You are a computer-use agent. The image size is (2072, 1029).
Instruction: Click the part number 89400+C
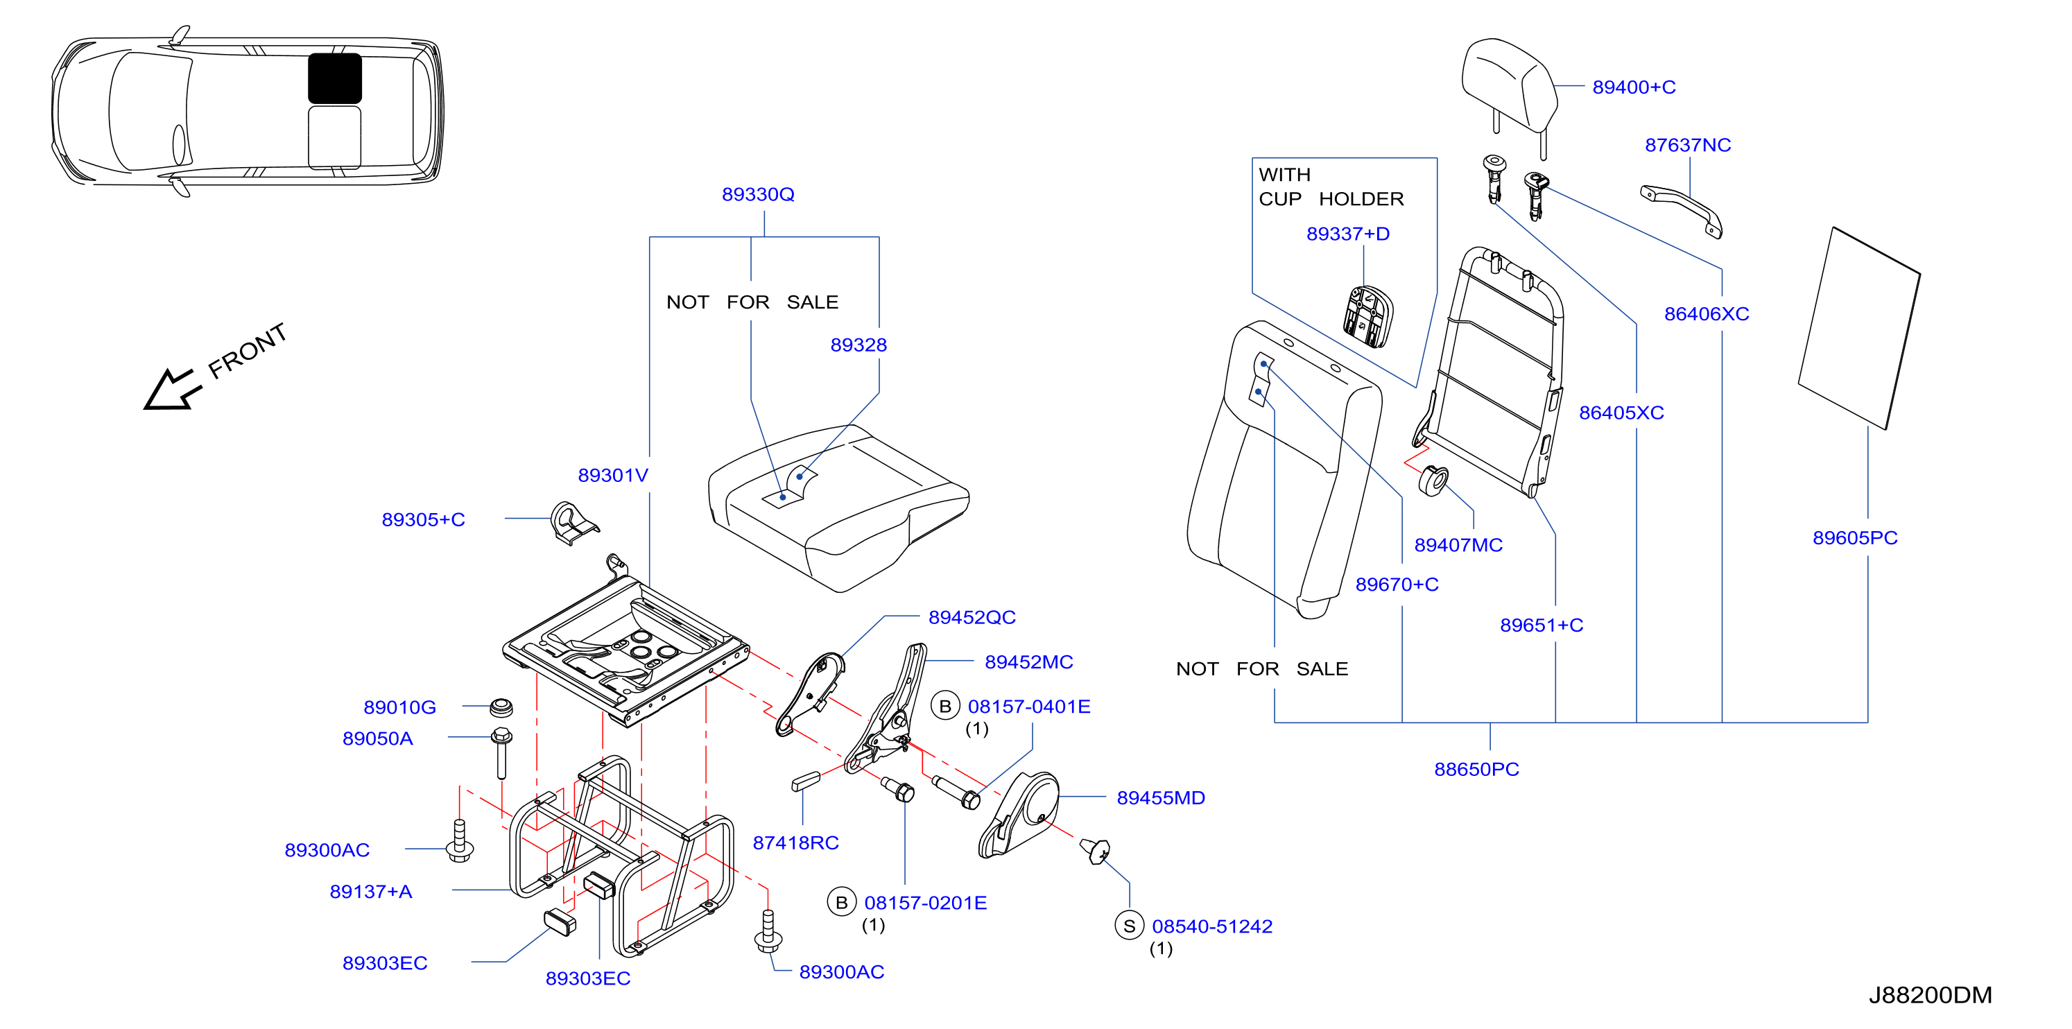point(1634,87)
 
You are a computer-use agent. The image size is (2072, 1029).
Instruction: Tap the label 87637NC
point(1688,145)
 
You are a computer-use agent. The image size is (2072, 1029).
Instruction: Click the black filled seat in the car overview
point(335,78)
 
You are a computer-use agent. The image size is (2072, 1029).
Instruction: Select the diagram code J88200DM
point(1930,995)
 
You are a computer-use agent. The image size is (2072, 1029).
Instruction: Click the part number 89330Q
point(758,194)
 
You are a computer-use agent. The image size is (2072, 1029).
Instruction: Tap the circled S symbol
point(1130,925)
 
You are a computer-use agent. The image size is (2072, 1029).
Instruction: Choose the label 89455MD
point(1161,797)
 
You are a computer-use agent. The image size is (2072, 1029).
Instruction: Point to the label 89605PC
point(1855,537)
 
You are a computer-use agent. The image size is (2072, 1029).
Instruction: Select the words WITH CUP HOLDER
point(1331,187)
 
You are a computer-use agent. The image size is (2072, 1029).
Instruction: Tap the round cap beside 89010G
point(501,708)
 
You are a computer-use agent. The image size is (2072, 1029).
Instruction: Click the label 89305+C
point(423,520)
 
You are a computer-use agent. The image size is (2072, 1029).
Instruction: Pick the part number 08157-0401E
point(1029,707)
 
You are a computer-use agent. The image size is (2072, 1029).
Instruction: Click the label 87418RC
point(795,842)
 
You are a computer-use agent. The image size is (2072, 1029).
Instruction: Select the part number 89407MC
point(1458,545)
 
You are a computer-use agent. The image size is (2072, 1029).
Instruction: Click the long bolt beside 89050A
point(501,753)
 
